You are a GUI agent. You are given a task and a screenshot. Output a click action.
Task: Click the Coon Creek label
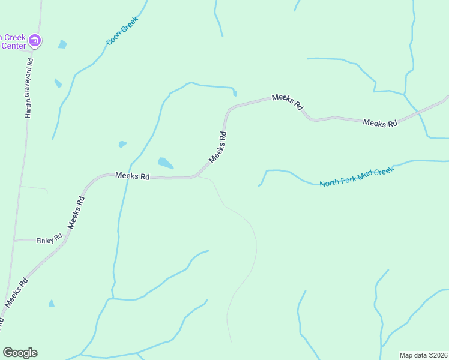(x=122, y=31)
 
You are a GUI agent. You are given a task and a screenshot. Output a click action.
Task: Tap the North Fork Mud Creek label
(x=357, y=177)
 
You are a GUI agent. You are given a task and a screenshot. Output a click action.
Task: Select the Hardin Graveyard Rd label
(x=28, y=88)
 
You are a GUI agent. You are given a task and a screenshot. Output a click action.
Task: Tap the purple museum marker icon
(x=35, y=41)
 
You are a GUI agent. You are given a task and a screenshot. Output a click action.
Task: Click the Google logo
(x=20, y=352)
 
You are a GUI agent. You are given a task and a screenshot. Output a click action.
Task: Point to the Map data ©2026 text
(x=423, y=355)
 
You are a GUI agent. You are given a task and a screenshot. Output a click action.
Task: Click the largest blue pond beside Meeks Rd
(x=166, y=163)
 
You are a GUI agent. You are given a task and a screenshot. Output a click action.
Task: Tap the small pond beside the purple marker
(x=62, y=44)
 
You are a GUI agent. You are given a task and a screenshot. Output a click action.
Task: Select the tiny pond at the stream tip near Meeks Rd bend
(x=235, y=93)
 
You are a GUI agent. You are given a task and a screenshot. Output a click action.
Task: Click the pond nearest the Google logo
(x=51, y=304)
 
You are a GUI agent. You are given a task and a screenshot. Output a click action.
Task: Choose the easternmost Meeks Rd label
(x=380, y=122)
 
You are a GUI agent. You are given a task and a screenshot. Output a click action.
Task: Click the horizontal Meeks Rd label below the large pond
(x=132, y=176)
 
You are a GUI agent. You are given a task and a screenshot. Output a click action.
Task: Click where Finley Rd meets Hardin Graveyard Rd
(x=14, y=241)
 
